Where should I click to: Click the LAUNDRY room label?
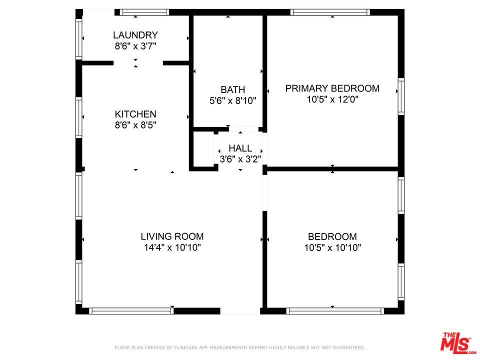click(x=135, y=35)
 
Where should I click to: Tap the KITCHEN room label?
click(x=135, y=114)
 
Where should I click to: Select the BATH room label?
click(x=232, y=89)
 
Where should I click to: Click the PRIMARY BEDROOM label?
click(x=332, y=88)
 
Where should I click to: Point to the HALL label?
click(x=240, y=148)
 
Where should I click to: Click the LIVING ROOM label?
click(x=172, y=236)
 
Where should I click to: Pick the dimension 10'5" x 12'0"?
click(x=332, y=99)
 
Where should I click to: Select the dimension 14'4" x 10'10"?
click(x=172, y=247)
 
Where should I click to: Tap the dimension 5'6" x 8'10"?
click(x=232, y=100)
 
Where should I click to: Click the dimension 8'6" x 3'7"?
click(x=135, y=46)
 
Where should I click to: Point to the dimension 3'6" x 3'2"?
click(x=240, y=159)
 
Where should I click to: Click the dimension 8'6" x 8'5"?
click(x=135, y=125)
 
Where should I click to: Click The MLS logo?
click(x=455, y=342)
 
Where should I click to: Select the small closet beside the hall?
click(x=204, y=149)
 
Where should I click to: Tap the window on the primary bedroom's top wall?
click(x=330, y=12)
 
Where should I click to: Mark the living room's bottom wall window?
click(x=131, y=311)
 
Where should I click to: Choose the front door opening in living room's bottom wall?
click(x=240, y=311)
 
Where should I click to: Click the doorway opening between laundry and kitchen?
click(x=138, y=63)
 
